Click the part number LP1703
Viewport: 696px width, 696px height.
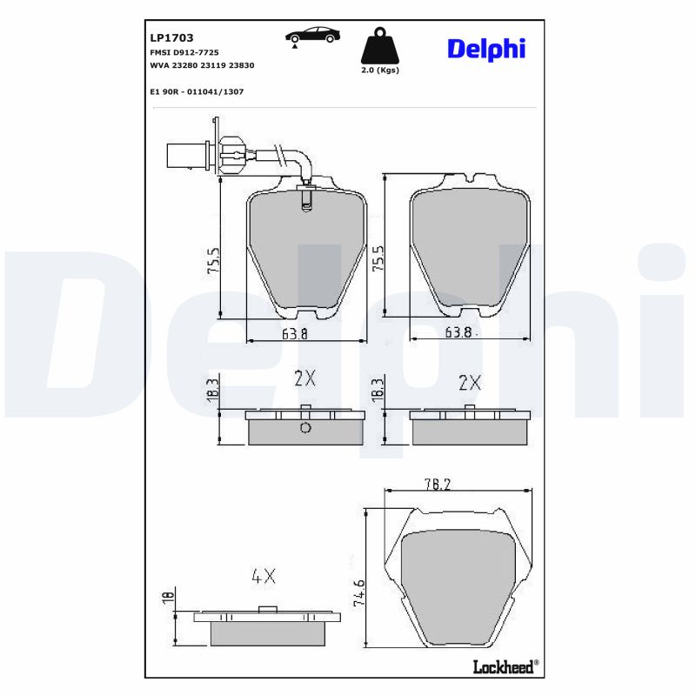(x=172, y=37)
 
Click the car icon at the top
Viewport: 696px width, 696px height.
(x=312, y=37)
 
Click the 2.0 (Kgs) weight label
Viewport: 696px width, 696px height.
(x=379, y=71)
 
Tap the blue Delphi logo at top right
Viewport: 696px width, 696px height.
(x=486, y=49)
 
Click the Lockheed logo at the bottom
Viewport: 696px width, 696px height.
(x=505, y=666)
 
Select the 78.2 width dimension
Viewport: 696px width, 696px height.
(x=461, y=485)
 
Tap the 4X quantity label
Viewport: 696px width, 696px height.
(x=263, y=575)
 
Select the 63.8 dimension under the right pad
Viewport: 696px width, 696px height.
(x=458, y=331)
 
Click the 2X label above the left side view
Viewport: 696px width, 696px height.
(x=304, y=378)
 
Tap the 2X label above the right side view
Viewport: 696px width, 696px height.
(x=470, y=382)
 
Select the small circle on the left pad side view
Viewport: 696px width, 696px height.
(x=304, y=428)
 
